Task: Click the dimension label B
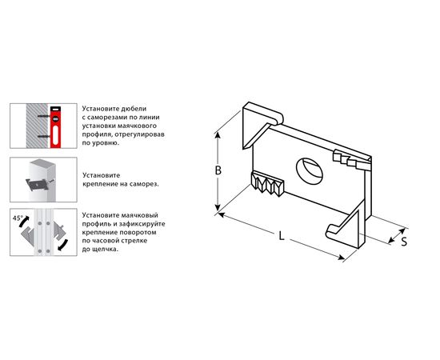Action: (218, 170)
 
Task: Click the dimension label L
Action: (282, 236)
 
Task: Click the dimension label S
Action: (404, 242)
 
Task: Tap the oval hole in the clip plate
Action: (310, 170)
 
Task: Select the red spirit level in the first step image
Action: (55, 126)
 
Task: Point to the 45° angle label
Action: (18, 218)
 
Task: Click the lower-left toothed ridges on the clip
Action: (268, 183)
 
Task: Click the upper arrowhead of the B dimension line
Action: (217, 135)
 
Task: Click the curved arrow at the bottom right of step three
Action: (63, 245)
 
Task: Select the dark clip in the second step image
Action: (36, 184)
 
